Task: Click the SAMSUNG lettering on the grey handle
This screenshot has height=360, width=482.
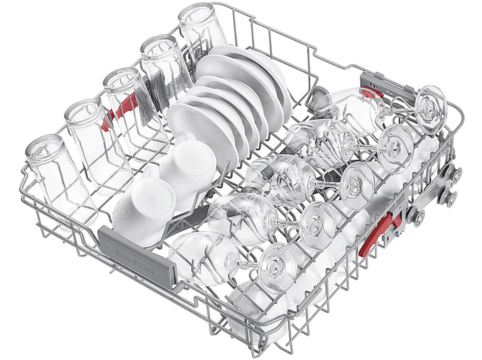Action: coord(135,261)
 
